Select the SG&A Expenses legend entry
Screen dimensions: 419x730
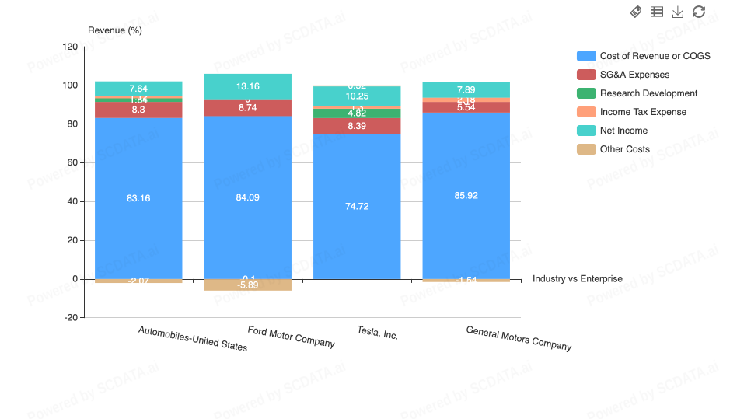[x=634, y=75]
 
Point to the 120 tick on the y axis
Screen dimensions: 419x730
[x=69, y=47]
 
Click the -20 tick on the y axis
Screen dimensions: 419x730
[x=69, y=317]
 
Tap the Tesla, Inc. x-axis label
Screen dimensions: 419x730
[x=377, y=333]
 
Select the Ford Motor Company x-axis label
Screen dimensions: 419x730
[x=291, y=337]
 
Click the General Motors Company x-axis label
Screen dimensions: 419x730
[x=519, y=338]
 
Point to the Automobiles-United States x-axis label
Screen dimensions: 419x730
[x=193, y=338]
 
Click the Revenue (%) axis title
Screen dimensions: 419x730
[x=115, y=30]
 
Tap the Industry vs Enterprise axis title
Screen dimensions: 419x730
[x=578, y=278]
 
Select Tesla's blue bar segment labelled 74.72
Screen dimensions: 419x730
[x=357, y=207]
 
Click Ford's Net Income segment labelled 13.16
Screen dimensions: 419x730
[x=248, y=86]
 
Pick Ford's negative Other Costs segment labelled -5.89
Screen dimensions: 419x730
[x=248, y=285]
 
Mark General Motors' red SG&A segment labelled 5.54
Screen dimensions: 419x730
[x=466, y=107]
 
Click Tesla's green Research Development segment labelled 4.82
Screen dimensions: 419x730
[x=357, y=113]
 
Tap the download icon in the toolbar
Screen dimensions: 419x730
[x=678, y=12]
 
